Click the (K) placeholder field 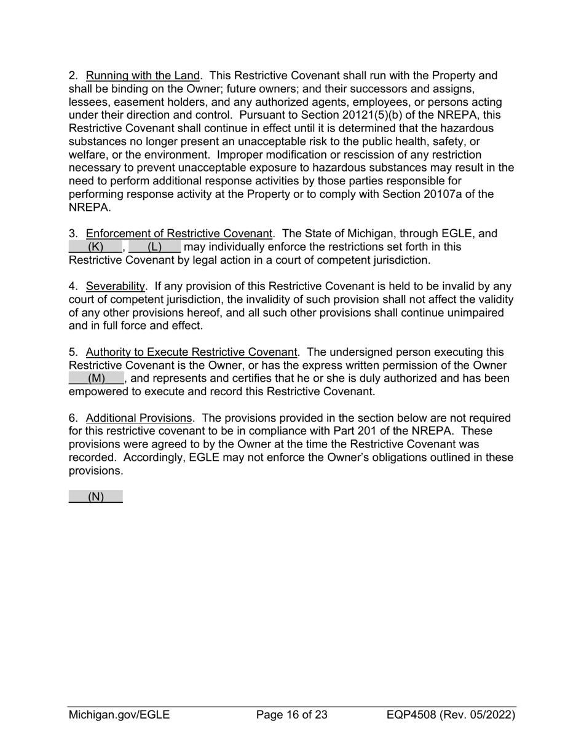pyautogui.click(x=95, y=247)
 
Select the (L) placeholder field pyautogui.click(x=154, y=247)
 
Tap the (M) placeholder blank pyautogui.click(x=97, y=379)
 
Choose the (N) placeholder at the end pyautogui.click(x=96, y=497)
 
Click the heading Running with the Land pyautogui.click(x=143, y=76)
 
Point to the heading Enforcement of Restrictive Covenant pyautogui.click(x=178, y=234)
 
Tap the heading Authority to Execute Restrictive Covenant pyautogui.click(x=191, y=353)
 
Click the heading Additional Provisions pyautogui.click(x=139, y=419)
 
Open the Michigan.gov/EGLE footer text pyautogui.click(x=119, y=715)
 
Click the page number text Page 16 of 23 pyautogui.click(x=291, y=715)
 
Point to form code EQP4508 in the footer pyautogui.click(x=412, y=715)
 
